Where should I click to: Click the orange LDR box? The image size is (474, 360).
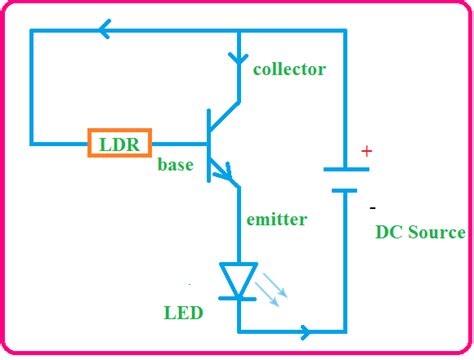coord(119,144)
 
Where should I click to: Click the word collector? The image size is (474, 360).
coord(289,69)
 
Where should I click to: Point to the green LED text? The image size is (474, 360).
coord(183,313)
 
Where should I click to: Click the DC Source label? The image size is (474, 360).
coord(420,232)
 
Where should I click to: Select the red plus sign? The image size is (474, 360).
coord(366,152)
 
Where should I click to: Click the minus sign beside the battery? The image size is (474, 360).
coord(372,207)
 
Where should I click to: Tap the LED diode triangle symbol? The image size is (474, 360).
coord(239,280)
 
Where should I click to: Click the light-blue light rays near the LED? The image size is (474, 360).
coord(272,291)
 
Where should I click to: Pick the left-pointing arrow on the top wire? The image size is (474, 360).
coord(102,32)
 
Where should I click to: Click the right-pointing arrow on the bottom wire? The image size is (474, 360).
coord(303,331)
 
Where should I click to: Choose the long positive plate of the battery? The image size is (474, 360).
coord(345,170)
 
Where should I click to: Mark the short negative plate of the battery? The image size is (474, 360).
coord(345,189)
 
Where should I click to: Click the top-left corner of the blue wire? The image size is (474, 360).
coord(32,32)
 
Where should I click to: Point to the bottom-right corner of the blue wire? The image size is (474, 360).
coord(345,331)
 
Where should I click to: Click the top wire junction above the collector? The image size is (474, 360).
coord(239,32)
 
